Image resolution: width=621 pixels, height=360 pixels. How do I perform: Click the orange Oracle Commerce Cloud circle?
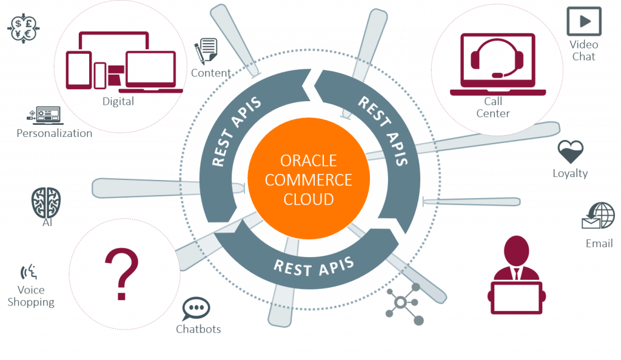click(309, 179)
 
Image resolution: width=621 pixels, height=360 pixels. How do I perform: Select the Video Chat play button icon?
click(584, 21)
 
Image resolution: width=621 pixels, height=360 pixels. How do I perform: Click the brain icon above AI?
click(46, 202)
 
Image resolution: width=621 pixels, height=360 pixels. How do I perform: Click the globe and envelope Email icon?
click(598, 216)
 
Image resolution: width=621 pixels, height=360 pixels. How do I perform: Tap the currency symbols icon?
click(24, 28)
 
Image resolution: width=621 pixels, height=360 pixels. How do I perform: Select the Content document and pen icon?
click(206, 51)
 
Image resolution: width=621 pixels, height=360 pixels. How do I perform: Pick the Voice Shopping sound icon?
click(29, 272)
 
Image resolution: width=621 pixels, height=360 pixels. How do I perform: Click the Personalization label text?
click(54, 133)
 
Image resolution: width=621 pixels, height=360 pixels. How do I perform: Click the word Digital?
click(118, 102)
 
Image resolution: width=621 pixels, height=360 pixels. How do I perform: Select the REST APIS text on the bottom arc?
click(314, 267)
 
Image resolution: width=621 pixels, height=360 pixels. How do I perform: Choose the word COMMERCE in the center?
click(309, 180)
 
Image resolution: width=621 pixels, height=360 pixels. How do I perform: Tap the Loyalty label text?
click(570, 174)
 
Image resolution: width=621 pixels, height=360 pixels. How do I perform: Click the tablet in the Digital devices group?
click(79, 70)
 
